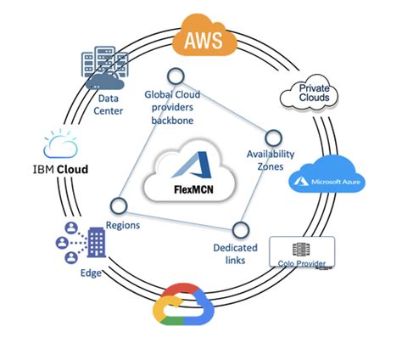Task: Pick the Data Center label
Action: [x=105, y=104]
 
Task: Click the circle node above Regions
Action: [x=118, y=205]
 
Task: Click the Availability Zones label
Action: [x=270, y=160]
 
